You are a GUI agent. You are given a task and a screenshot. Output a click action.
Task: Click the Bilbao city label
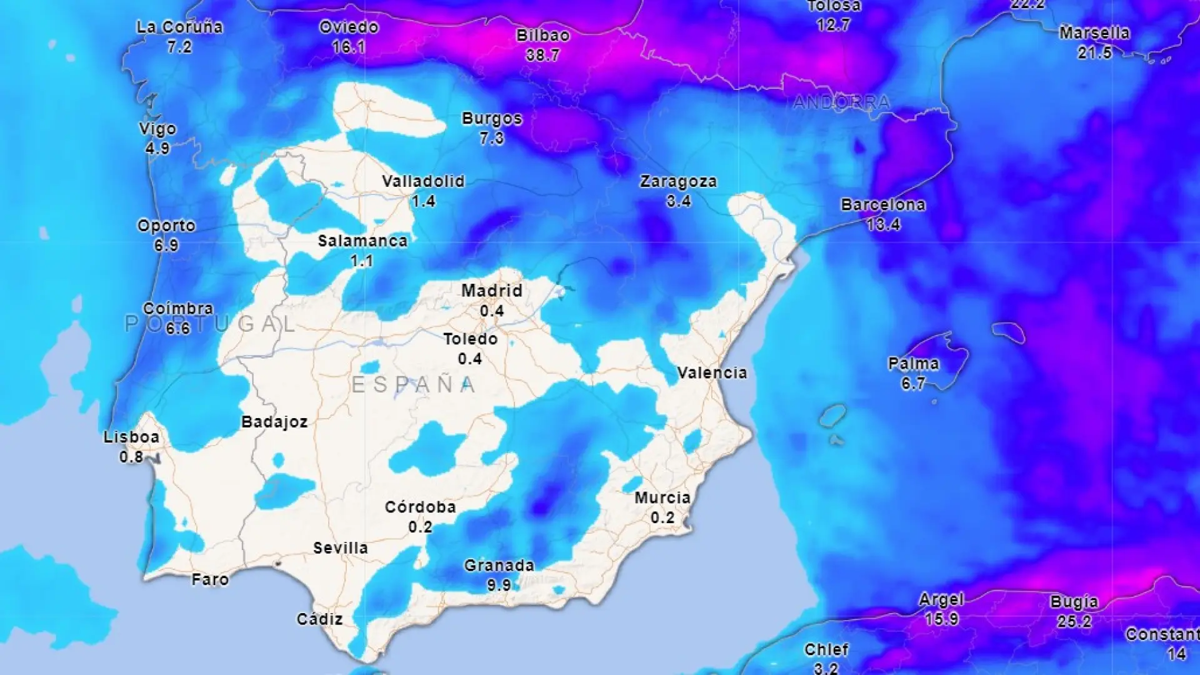point(542,36)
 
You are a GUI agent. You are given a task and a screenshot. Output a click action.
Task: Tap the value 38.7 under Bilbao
point(542,56)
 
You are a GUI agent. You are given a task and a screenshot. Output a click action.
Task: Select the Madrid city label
point(492,291)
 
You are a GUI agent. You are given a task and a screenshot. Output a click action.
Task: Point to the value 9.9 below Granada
point(499,586)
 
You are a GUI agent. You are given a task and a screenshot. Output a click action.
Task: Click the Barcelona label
point(882,205)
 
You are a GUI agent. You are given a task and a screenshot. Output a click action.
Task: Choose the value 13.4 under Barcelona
point(883,225)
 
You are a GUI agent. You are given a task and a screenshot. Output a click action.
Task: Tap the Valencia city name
point(712,373)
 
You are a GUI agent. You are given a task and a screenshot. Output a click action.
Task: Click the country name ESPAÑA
point(413,385)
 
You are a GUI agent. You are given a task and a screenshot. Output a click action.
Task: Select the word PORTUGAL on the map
point(210,324)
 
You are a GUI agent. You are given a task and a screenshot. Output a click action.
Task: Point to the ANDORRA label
point(841,102)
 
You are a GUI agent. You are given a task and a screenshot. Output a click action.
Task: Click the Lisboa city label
point(131,437)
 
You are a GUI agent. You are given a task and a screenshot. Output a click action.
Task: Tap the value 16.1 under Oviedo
point(349,47)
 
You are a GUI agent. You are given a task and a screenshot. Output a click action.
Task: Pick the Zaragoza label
point(678,182)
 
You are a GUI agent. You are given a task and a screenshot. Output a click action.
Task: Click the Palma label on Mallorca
point(913,364)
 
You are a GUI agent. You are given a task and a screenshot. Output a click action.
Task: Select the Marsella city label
point(1094,33)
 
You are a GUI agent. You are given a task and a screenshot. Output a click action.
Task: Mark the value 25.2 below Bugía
point(1074,622)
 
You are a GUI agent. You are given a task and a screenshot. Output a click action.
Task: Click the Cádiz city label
point(319,619)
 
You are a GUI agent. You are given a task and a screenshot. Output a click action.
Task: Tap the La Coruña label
point(179,27)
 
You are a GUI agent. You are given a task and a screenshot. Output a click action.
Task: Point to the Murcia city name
point(662,498)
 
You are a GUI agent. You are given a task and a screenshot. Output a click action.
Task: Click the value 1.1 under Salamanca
point(362,261)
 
